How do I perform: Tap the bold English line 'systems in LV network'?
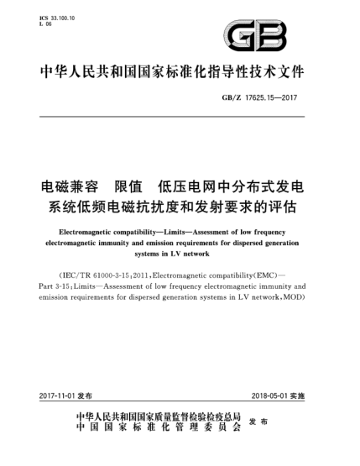click(x=180, y=252)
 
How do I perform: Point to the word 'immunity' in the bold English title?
click(x=156, y=240)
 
